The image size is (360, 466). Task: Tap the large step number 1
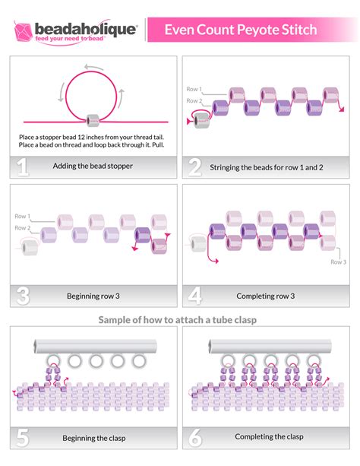pyautogui.click(x=23, y=167)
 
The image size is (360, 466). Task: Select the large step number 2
pyautogui.click(x=196, y=167)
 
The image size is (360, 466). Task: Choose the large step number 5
pyautogui.click(x=23, y=437)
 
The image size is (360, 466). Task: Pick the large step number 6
pyautogui.click(x=196, y=437)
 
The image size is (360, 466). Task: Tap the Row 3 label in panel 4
pyautogui.click(x=338, y=262)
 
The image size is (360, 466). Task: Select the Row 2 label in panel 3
pyautogui.click(x=22, y=227)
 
